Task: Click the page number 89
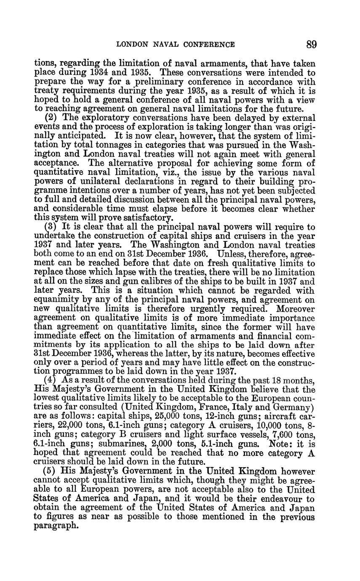(312, 44)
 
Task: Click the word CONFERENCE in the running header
(208, 44)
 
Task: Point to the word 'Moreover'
(296, 309)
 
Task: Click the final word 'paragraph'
(56, 526)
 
